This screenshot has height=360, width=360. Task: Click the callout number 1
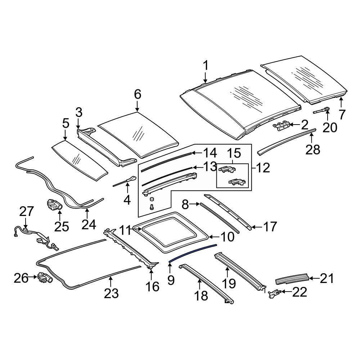(206, 66)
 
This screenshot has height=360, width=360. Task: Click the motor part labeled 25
(54, 204)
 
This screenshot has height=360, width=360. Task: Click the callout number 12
(263, 168)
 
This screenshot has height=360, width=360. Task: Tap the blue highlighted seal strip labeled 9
(193, 252)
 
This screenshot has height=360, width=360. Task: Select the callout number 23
(111, 293)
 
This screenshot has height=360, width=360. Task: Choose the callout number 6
(138, 94)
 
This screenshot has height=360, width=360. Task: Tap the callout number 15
(234, 153)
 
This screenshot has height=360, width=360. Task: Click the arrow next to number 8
(195, 204)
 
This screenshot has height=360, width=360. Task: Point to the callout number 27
(27, 211)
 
